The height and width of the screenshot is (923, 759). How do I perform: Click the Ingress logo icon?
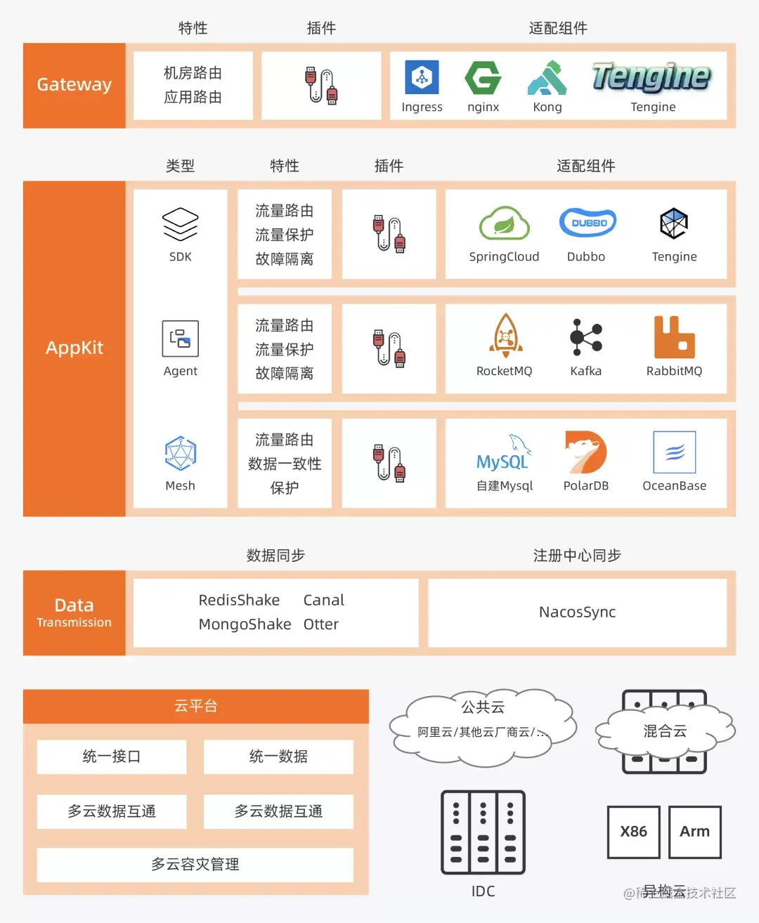click(422, 77)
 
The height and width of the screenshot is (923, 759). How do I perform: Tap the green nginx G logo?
click(483, 77)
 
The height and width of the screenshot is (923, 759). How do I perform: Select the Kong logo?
click(547, 78)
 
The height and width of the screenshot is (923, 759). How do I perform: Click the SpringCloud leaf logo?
click(504, 223)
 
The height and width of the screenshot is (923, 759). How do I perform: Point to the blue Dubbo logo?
click(588, 223)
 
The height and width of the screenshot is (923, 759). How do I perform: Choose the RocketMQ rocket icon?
click(505, 336)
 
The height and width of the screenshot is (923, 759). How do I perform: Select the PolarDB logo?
click(585, 452)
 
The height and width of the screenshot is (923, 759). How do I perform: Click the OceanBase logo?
click(674, 452)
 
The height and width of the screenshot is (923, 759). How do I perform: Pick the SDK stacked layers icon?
click(181, 224)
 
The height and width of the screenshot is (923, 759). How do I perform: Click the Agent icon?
click(181, 338)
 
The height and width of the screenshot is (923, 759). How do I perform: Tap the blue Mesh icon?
click(181, 453)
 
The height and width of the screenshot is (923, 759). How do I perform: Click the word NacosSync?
click(577, 612)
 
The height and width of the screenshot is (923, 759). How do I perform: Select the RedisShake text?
click(239, 600)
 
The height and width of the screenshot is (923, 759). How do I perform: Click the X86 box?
click(633, 832)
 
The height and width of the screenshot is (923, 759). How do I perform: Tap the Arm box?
click(694, 832)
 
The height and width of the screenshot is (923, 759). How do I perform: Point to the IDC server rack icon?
click(483, 832)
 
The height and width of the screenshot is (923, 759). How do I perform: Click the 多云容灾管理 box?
click(195, 864)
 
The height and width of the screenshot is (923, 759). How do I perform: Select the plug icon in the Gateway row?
click(321, 86)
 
